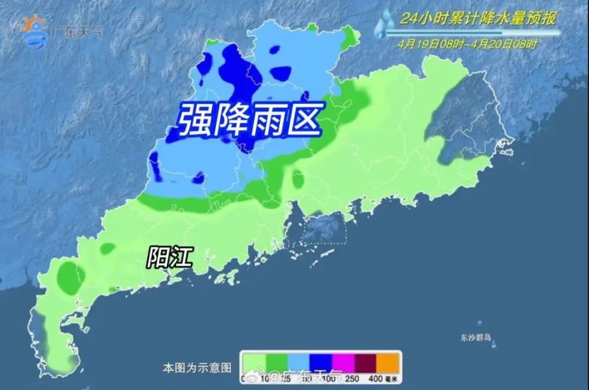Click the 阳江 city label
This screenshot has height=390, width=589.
(x=169, y=257)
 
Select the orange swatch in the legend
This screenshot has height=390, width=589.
(x=388, y=361)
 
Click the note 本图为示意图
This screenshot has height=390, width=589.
(x=197, y=368)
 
